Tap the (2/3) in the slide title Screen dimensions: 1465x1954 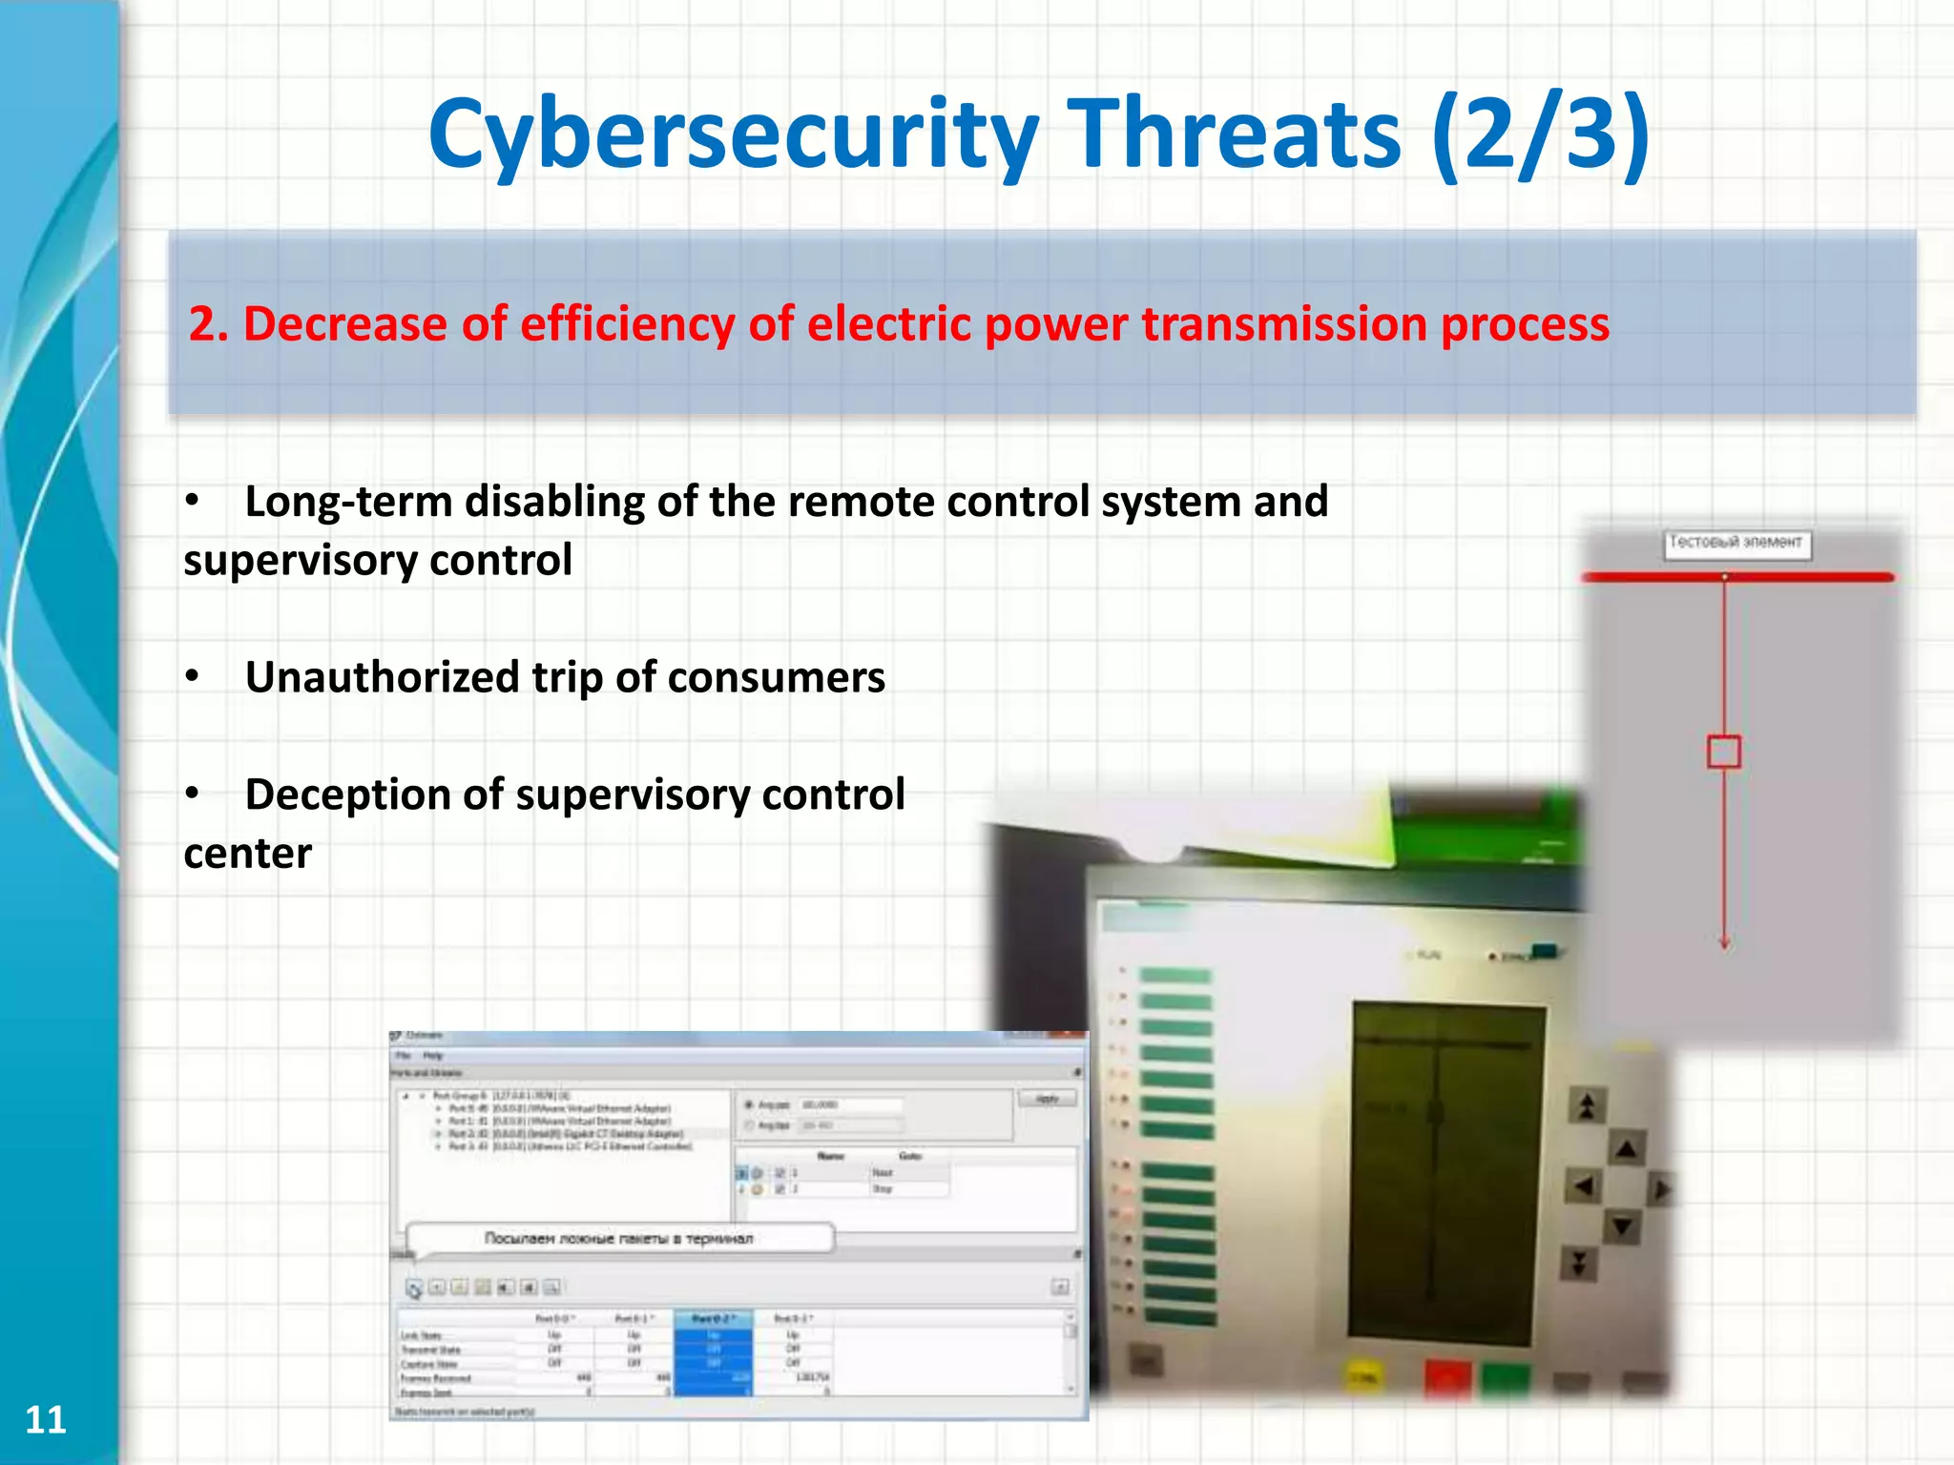tap(1540, 135)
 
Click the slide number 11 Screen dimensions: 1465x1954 tap(45, 1419)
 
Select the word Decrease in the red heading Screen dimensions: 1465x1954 tap(346, 324)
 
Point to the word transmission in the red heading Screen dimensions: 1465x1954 tap(1284, 324)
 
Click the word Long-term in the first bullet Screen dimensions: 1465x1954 tap(347, 503)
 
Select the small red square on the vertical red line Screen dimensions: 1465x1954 tap(1723, 752)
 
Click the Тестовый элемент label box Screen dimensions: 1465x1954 tap(1736, 543)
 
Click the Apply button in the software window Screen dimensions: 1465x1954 tap(1047, 1099)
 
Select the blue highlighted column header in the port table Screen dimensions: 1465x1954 tap(714, 1319)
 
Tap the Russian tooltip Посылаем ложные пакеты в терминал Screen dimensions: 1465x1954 tap(618, 1238)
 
